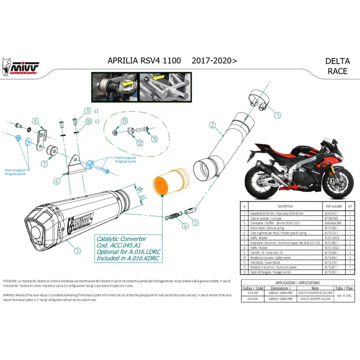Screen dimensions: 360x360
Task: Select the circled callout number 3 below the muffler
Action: pos(78,251)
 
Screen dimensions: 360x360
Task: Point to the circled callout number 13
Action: pos(124,120)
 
